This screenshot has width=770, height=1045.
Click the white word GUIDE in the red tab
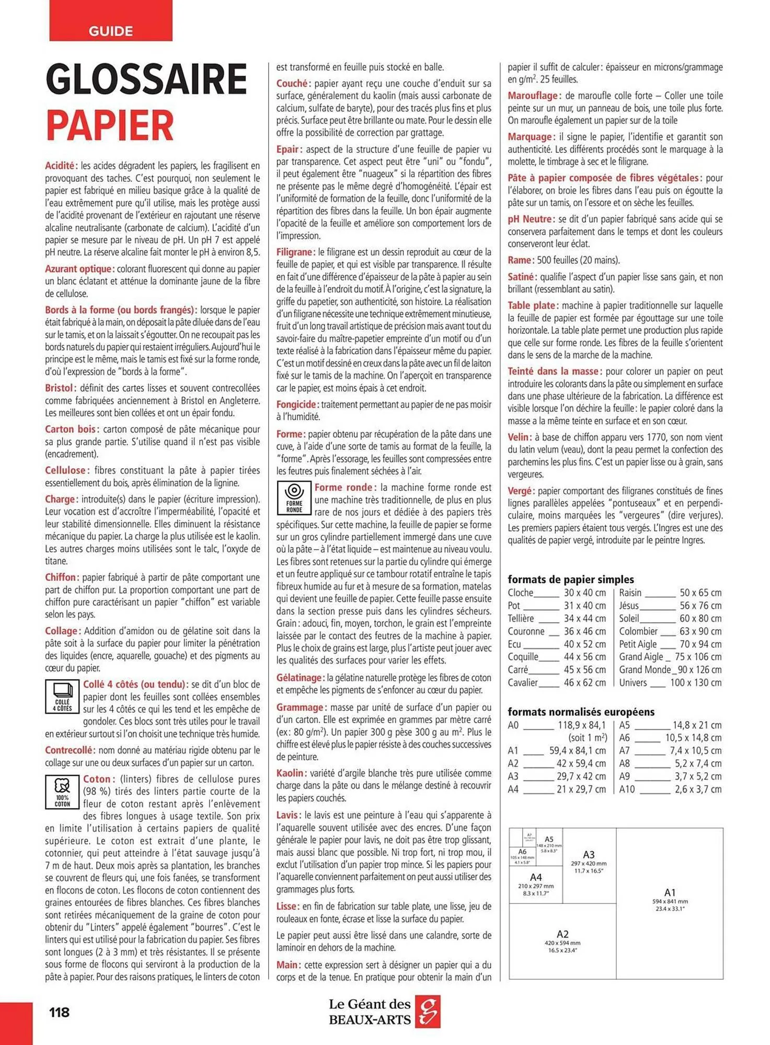point(110,31)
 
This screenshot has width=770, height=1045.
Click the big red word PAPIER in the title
point(110,125)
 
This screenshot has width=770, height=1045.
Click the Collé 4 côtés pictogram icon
point(62,696)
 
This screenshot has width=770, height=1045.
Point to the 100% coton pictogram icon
point(62,792)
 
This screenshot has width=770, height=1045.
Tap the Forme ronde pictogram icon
point(294,498)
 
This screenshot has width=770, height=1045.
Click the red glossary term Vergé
point(521,491)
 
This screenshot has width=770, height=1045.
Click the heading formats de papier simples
point(570,579)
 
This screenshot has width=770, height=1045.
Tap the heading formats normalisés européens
point(581,712)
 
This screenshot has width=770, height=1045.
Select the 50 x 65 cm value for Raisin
point(700,593)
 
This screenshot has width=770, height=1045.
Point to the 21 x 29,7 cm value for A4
point(581,789)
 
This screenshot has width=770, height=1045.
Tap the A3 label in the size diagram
point(589,854)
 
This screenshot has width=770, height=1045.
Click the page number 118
point(59,1012)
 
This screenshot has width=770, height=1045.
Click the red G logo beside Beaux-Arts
point(428,1011)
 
